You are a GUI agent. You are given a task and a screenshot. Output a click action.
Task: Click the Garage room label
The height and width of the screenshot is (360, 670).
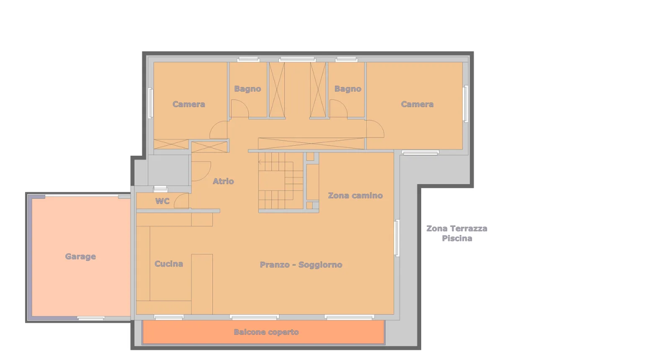click(80, 257)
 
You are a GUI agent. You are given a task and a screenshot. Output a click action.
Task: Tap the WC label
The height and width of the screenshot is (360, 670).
click(162, 201)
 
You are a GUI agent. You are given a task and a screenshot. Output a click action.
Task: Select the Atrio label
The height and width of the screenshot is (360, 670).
click(223, 181)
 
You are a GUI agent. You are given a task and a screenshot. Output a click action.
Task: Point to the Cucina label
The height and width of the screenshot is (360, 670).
click(169, 264)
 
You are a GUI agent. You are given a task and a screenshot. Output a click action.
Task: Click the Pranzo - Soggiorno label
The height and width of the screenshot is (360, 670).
click(301, 265)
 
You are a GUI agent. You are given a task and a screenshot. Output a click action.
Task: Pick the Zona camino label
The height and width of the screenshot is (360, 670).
click(356, 195)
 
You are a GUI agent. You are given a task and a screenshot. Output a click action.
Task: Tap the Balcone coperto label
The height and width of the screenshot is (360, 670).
click(266, 332)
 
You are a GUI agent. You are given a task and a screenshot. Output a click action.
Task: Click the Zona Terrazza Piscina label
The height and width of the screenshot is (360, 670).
click(457, 234)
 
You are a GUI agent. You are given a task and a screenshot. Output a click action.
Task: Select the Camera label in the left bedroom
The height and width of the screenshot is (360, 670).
click(189, 104)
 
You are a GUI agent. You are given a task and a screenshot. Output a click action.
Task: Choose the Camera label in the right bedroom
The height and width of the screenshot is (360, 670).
click(417, 104)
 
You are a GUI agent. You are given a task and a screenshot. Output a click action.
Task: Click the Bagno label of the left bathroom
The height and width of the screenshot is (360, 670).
click(247, 89)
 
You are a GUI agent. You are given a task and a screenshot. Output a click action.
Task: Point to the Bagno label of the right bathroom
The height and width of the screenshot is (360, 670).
click(348, 89)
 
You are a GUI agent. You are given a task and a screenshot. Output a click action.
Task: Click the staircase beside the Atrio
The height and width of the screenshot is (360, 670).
click(281, 181)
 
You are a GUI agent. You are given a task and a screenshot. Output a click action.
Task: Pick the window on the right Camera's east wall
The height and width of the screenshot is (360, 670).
click(466, 104)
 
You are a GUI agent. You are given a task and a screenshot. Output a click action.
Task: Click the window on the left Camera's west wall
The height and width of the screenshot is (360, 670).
click(151, 103)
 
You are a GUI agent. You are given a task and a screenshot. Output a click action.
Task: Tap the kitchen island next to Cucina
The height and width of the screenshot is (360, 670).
click(202, 284)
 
